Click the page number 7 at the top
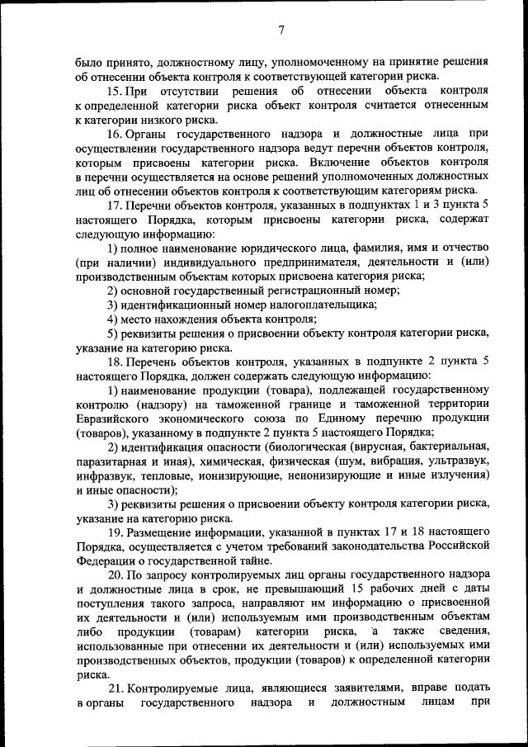(x=280, y=30)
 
